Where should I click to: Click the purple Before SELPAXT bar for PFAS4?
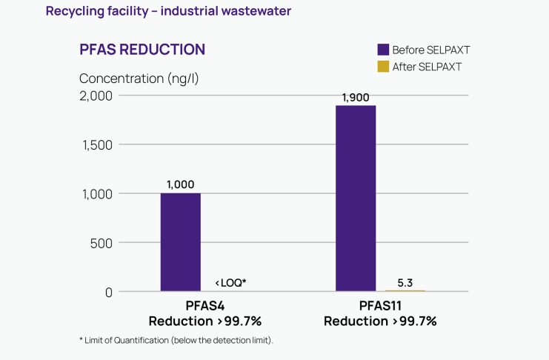180,242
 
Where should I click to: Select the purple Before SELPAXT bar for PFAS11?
356,199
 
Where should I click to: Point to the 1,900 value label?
356,97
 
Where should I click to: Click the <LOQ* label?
230,283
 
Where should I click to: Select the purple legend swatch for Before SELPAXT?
383,50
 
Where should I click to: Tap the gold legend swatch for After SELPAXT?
383,67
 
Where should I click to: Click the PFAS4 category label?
205,306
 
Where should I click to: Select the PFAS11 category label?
380,306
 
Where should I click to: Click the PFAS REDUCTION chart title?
142,50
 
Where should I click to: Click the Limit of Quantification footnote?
176,339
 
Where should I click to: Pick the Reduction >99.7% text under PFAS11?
380,321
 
